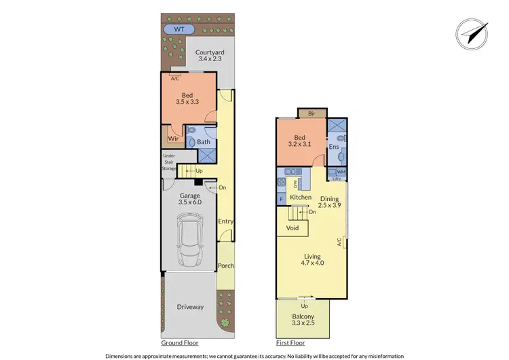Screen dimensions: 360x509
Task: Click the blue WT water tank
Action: coord(179,29)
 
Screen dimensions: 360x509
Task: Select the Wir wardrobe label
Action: coord(173,138)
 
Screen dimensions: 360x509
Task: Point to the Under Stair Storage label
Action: coord(168,162)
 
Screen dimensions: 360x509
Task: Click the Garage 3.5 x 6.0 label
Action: coord(190,199)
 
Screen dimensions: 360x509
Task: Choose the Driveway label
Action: coord(191,307)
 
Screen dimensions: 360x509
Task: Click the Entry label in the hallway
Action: coord(225,221)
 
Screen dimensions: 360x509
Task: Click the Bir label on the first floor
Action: coord(312,113)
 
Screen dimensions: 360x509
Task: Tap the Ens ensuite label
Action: coord(333,146)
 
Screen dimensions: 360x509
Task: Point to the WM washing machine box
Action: coord(340,172)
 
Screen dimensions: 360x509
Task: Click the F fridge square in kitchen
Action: coord(281,198)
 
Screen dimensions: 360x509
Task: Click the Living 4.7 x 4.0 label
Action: coord(313,260)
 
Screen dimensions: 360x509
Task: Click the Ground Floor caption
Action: coord(180,342)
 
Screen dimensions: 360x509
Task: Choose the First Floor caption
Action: coord(292,342)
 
